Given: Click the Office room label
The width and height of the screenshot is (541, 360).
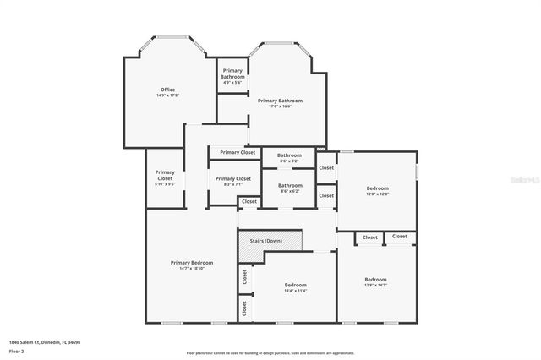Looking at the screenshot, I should (167, 89).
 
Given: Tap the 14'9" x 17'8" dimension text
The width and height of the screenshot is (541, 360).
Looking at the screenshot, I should (167, 95).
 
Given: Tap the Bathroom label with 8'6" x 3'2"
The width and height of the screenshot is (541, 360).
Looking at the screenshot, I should (290, 156).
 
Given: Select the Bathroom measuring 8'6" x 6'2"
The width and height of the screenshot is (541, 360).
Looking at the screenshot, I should (290, 187).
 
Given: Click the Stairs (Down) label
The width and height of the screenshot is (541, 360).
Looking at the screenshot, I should (265, 241).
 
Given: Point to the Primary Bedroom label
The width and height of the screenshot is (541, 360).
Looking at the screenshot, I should (191, 262).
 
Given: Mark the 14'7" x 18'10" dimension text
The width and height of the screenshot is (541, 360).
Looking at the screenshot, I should (191, 269).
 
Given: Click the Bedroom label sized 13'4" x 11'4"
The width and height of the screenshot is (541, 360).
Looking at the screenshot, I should (295, 286).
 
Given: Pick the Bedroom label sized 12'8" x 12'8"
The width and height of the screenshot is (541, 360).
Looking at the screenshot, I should (377, 189).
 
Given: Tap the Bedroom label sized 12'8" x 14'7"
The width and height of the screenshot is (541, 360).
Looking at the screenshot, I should (375, 281).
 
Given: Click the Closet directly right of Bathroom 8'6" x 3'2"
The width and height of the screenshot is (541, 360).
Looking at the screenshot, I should (326, 167).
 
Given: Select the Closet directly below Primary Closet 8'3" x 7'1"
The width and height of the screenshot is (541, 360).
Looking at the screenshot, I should (249, 201).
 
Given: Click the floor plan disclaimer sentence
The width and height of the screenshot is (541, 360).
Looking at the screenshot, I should (270, 352).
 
